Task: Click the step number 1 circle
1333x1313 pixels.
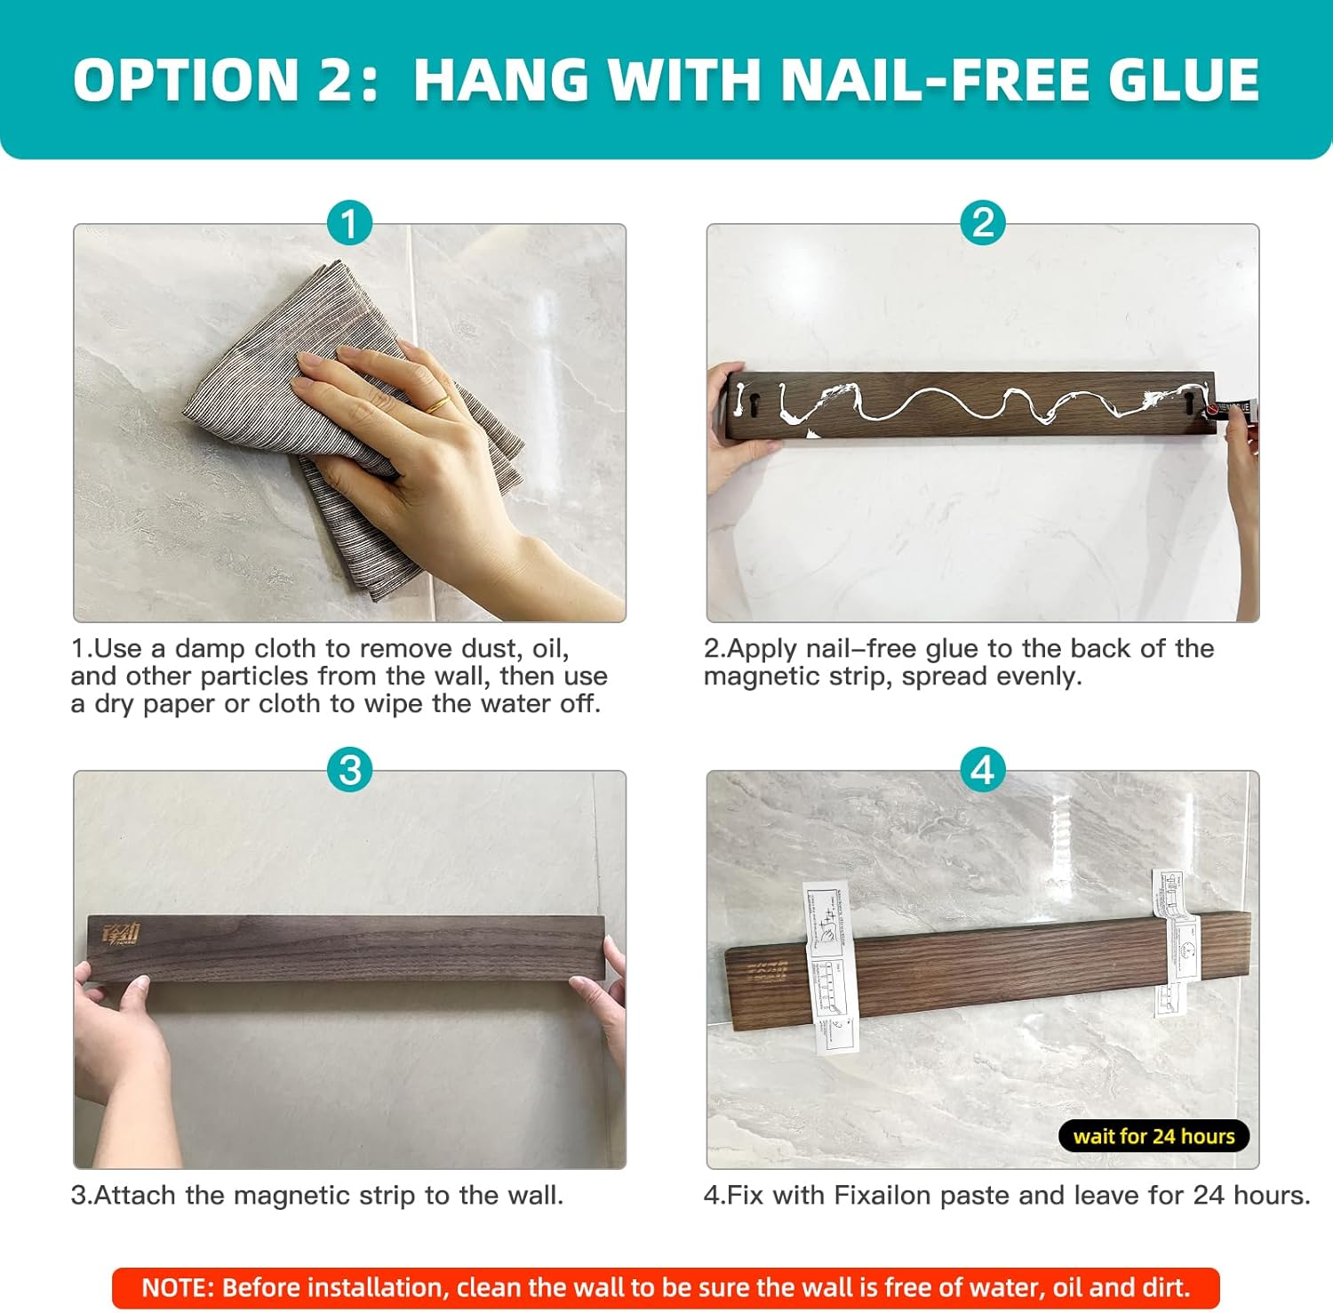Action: coord(349,223)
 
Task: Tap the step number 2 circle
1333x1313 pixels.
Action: coord(982,223)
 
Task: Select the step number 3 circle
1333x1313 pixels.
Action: coord(349,770)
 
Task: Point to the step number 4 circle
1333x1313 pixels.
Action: coord(982,770)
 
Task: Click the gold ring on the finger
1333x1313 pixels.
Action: coord(436,406)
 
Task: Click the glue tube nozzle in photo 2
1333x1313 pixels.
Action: coord(1214,410)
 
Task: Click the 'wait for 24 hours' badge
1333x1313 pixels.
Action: coord(1153,1136)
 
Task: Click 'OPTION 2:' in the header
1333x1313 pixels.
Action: coord(227,80)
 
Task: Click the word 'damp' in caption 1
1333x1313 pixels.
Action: coord(211,648)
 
